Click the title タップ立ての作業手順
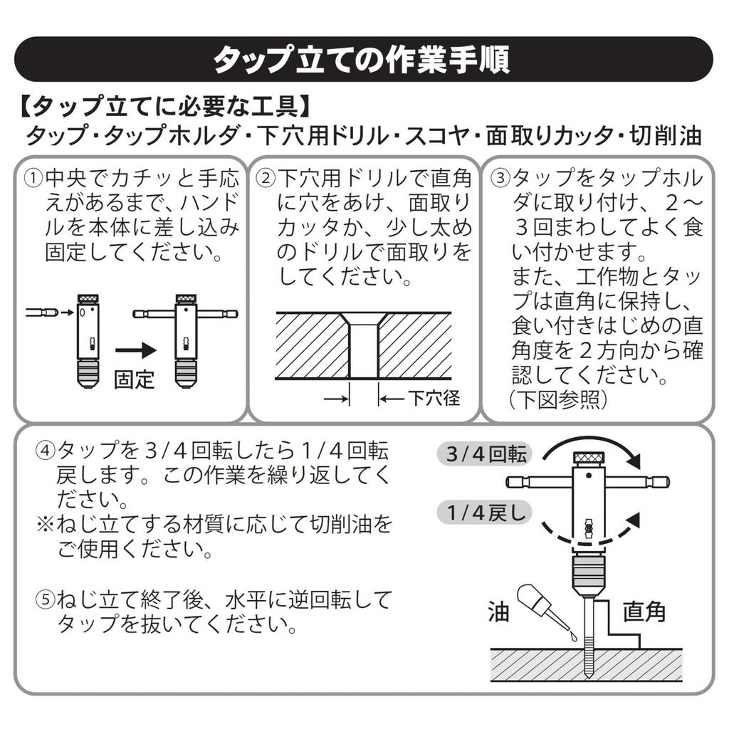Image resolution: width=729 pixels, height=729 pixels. pos(363,59)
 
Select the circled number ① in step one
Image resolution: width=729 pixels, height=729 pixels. pos(33,177)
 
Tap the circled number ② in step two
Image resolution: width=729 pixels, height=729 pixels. pos(266,177)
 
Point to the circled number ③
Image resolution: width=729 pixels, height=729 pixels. pos(501,177)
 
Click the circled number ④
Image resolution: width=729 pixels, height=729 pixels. pos(45,451)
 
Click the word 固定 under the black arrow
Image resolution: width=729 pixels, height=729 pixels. pos(134,377)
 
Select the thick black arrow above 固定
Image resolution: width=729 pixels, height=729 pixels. pos(135,351)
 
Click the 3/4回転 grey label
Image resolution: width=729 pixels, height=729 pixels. pos(487,455)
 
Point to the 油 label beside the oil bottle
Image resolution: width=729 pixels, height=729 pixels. pos(499,610)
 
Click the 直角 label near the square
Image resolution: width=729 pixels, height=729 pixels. pos(644,610)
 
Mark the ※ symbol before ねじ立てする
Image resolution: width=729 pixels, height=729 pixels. pos(45,525)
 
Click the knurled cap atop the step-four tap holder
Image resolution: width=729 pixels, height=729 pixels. pos(589,456)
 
